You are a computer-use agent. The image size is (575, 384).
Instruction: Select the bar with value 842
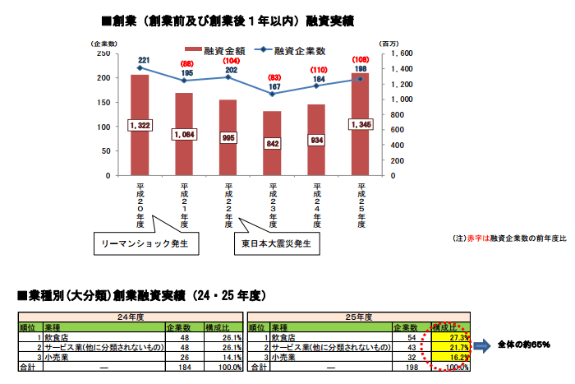(x=272, y=143)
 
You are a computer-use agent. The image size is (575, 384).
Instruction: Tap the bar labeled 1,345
(x=360, y=124)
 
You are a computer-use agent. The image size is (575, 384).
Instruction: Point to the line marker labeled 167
(x=272, y=94)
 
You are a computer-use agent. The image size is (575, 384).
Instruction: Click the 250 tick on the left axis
(x=103, y=53)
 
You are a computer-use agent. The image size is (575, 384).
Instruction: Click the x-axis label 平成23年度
(x=273, y=205)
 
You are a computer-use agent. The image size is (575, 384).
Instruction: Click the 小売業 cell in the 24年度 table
(x=58, y=357)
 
